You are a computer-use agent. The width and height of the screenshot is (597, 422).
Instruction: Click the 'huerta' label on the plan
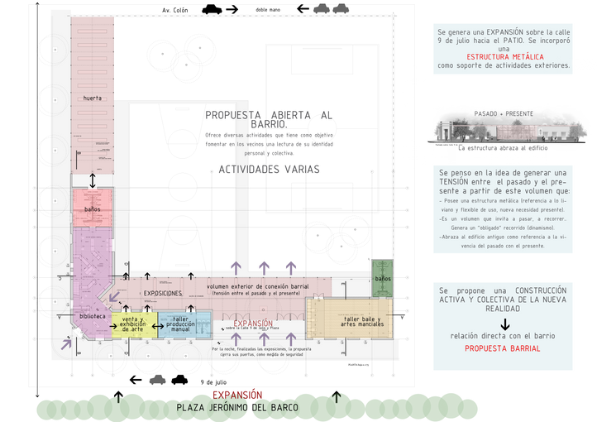tap(93, 98)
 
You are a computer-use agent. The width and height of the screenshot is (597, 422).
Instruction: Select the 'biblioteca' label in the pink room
tap(93, 315)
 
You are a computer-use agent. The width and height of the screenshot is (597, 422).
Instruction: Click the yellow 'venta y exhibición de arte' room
tap(133, 324)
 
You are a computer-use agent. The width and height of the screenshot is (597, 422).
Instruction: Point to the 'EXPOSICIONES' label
tap(162, 293)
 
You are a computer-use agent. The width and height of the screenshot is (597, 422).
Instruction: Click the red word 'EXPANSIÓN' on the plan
tap(253, 324)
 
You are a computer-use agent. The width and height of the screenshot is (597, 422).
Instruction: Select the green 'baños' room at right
tap(382, 279)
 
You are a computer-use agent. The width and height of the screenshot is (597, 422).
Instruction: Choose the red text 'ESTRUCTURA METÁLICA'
tap(504, 55)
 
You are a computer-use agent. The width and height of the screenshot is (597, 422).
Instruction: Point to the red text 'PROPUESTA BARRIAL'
tap(503, 348)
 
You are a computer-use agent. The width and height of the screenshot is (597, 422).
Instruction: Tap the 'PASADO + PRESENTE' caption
tap(504, 113)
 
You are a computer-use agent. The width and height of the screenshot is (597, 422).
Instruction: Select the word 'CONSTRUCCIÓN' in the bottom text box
tap(541, 291)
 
